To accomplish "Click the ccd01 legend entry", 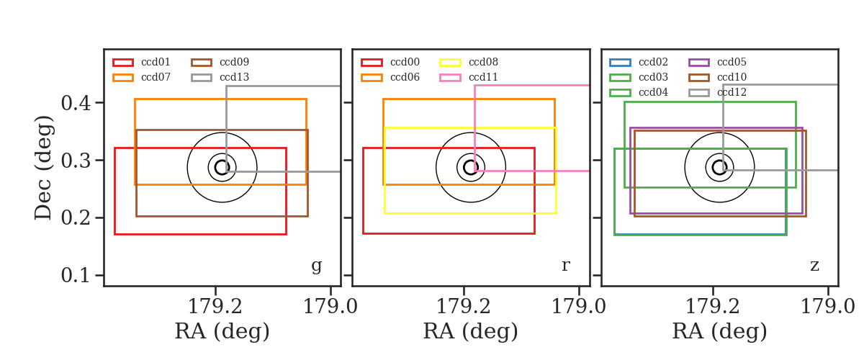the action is point(142,62).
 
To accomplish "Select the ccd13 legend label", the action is point(235,77).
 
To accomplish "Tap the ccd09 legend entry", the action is point(220,62).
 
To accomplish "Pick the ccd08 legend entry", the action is point(469,62).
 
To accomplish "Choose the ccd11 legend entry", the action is point(469,77).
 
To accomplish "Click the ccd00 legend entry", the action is point(390,62).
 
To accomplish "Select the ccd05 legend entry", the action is point(717,62).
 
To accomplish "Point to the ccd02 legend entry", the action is point(639,62).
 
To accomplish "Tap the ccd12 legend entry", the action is point(717,93).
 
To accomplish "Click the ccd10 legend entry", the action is point(717,77).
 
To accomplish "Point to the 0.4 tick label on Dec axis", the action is point(76,103).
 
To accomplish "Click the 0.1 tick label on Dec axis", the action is point(76,276).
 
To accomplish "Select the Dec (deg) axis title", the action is point(43,168).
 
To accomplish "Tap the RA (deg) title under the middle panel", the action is point(471,331).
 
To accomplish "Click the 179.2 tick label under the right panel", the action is point(712,307).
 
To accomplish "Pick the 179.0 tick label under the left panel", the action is point(330,307).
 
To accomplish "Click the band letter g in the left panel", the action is point(316,266).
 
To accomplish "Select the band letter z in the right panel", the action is point(814,266).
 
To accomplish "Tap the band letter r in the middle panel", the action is point(565,266).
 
